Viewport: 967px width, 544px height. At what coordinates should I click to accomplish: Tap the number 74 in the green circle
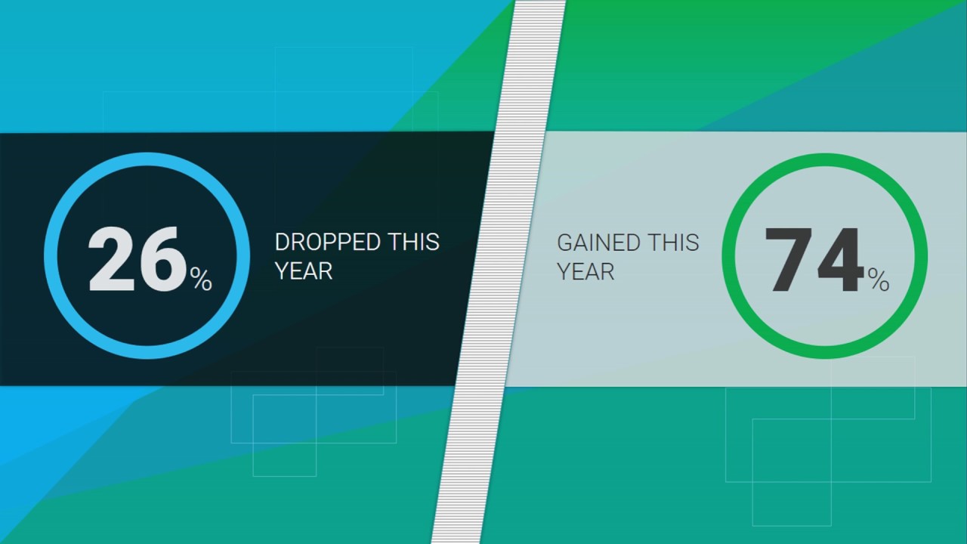(814, 261)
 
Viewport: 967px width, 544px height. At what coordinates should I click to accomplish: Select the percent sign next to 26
(201, 280)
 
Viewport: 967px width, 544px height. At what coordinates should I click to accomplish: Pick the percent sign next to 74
(878, 281)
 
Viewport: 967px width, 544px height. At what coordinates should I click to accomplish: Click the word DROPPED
(327, 243)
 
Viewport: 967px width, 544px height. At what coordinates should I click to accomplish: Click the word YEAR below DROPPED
(304, 271)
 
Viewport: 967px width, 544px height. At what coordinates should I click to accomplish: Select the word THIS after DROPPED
(413, 243)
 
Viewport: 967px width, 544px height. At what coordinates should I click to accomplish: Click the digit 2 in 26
(112, 259)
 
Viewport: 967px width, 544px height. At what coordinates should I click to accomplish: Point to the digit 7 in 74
(789, 261)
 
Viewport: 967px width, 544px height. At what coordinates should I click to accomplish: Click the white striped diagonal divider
(499, 272)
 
